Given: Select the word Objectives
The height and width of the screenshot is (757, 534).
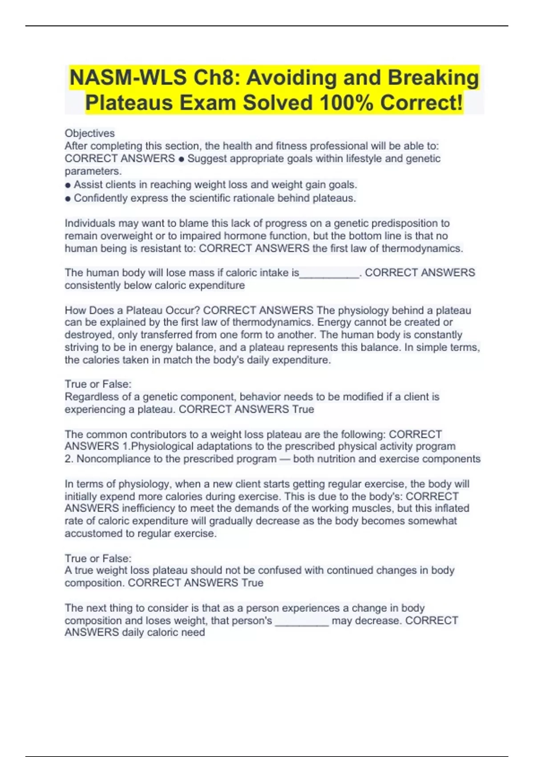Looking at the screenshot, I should pyautogui.click(x=89, y=133).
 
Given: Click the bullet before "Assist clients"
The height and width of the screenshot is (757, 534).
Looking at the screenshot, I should pyautogui.click(x=68, y=185).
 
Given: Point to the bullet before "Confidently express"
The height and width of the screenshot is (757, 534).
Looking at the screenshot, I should pyautogui.click(x=68, y=199).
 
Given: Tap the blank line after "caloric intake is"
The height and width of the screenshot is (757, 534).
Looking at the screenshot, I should pyautogui.click(x=329, y=273).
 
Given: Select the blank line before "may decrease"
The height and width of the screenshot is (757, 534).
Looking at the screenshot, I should pyautogui.click(x=302, y=621).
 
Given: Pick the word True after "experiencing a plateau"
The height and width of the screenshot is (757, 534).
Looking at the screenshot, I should pyautogui.click(x=303, y=409).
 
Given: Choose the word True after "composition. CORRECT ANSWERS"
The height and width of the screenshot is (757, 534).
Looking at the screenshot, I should pyautogui.click(x=252, y=583).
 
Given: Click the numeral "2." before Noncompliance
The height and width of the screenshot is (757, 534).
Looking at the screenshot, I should pyautogui.click(x=69, y=459).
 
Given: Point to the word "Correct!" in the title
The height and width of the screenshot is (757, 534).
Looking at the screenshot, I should pyautogui.click(x=421, y=103).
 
